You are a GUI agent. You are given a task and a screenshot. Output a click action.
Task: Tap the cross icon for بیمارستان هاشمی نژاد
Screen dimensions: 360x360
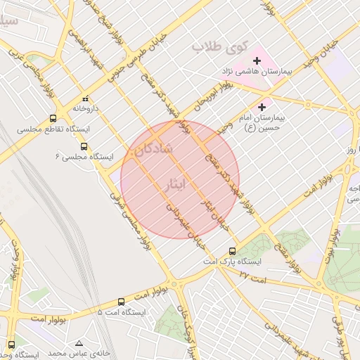(257, 61)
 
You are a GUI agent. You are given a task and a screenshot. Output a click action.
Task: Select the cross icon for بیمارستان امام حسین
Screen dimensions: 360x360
(262, 107)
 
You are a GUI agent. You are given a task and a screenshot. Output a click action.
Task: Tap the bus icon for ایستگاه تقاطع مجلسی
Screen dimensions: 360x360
(53, 119)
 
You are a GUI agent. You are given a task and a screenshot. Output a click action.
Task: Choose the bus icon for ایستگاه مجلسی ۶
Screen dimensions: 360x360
(84, 147)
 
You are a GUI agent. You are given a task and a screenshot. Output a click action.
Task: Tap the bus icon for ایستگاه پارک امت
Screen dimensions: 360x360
(233, 251)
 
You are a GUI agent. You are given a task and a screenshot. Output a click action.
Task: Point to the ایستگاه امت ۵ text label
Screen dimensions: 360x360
(122, 311)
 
